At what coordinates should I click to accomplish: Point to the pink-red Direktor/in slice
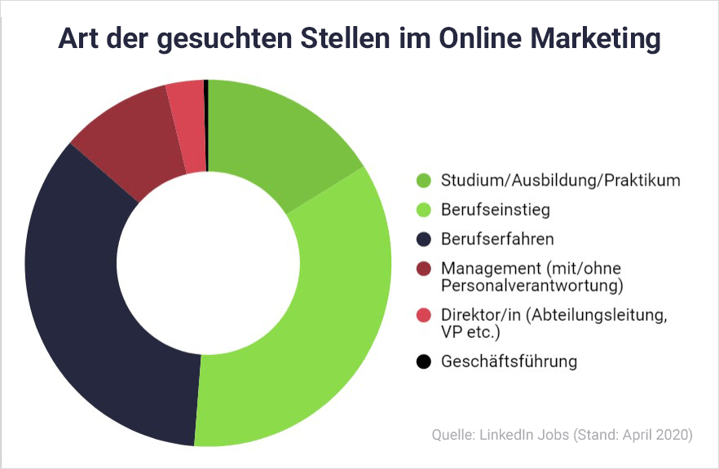[x=187, y=127]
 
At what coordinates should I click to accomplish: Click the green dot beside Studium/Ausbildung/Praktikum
[x=423, y=181]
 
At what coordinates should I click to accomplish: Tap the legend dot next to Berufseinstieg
[x=423, y=210]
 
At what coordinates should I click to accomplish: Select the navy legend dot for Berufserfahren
[x=423, y=239]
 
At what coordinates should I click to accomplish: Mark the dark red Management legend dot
[x=423, y=269]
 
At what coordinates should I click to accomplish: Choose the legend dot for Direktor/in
[x=423, y=315]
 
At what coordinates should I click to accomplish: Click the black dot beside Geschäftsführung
[x=423, y=362]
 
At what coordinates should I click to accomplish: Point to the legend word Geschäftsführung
[x=509, y=362]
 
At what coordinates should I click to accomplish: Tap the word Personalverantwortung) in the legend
[x=532, y=286]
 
